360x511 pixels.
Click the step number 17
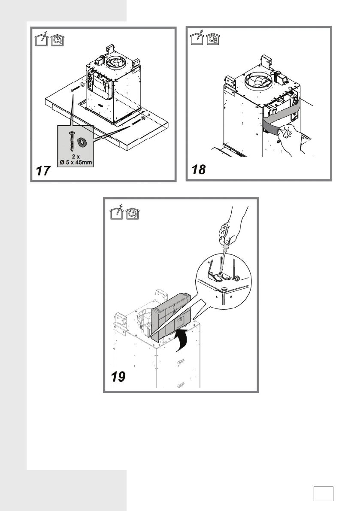tap(43, 171)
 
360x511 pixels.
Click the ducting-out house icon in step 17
tap(40, 40)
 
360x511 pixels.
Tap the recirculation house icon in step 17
tap(56, 40)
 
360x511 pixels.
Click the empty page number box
tap(323, 493)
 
